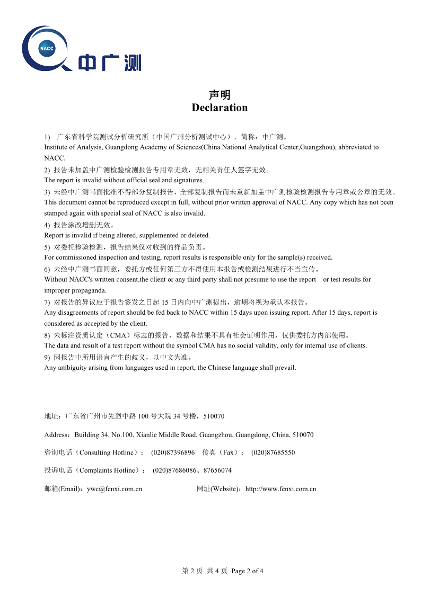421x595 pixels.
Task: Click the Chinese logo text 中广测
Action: click(110, 63)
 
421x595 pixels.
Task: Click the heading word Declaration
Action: click(220, 108)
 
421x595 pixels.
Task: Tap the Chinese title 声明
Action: click(220, 95)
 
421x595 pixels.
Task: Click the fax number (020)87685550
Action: click(273, 452)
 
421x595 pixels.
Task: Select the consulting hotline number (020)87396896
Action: click(173, 452)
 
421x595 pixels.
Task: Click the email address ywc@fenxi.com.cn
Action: click(115, 489)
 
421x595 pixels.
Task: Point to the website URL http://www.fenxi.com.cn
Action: click(280, 489)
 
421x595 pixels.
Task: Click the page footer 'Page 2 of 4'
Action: click(248, 571)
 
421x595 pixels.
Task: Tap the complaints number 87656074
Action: click(217, 470)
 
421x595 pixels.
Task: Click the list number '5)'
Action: click(47, 247)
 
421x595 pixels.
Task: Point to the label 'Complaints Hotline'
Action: click(109, 470)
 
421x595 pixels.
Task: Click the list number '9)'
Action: click(47, 357)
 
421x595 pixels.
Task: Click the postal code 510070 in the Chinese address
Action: click(214, 416)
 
